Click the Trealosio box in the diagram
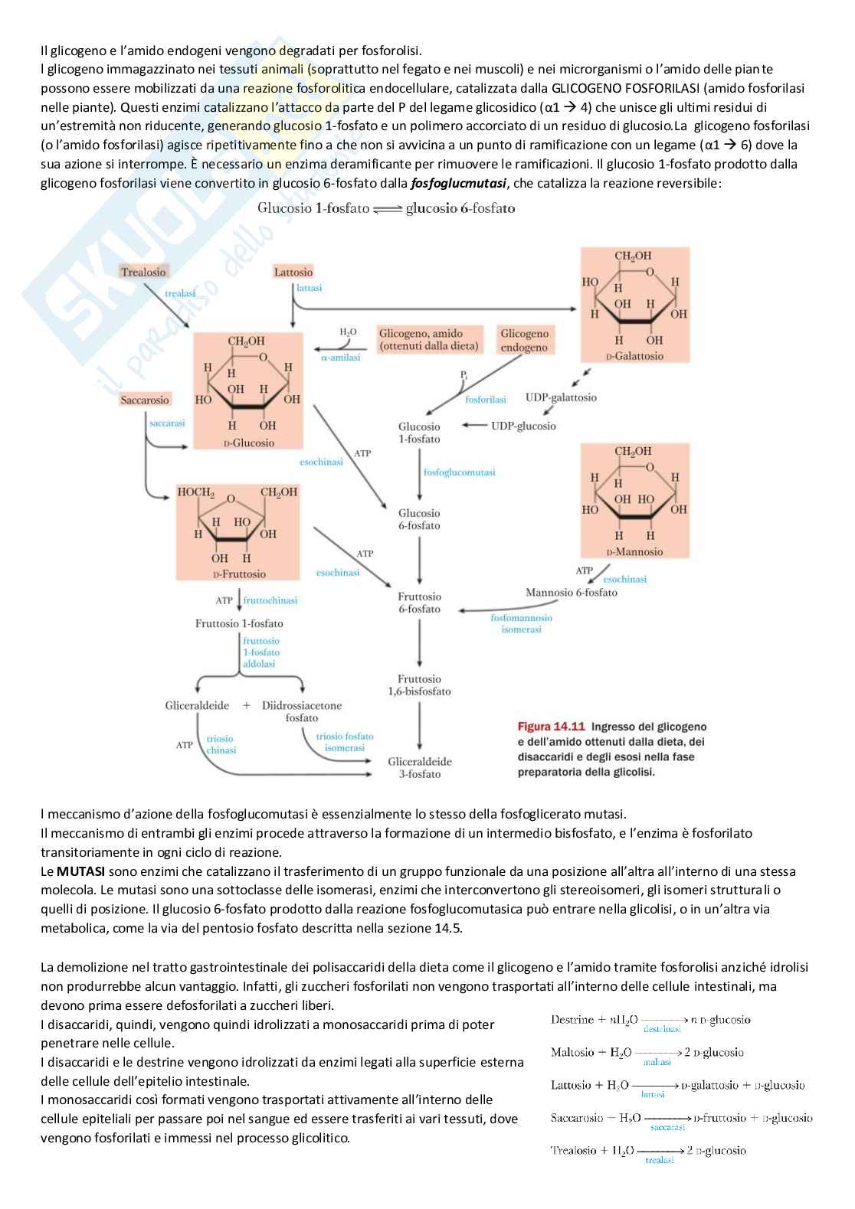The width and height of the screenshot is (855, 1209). coord(143,272)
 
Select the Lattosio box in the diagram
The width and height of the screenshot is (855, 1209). coord(293,272)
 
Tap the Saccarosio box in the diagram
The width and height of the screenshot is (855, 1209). coord(145,400)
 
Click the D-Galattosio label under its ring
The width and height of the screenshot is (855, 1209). coord(634,356)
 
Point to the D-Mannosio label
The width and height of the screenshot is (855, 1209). coord(634,552)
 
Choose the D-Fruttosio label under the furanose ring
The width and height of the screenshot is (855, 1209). coord(239,573)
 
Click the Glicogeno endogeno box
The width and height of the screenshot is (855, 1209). coord(525,340)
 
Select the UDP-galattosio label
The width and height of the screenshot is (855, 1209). coord(561,397)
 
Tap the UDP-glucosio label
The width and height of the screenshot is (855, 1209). coord(523,426)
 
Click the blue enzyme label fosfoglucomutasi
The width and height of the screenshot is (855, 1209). coord(460,472)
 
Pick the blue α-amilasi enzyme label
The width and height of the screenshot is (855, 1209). coord(340,358)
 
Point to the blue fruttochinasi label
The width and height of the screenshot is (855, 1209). coord(270,601)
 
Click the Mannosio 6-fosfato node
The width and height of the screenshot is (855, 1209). coord(572,592)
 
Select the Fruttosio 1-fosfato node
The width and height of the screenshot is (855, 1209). coord(239,623)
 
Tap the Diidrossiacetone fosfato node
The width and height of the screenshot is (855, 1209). coord(302,711)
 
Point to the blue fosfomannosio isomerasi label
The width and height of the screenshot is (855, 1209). coord(521,623)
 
